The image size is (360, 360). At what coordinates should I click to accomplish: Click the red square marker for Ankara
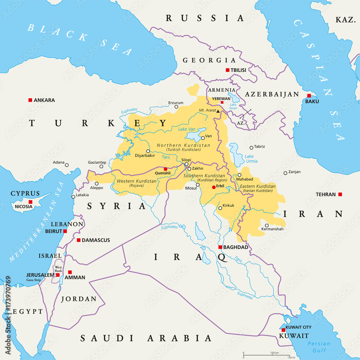pyautogui.click(x=30, y=100)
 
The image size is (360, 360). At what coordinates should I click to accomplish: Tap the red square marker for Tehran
pyautogui.click(x=340, y=194)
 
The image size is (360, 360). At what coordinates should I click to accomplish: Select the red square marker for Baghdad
pyautogui.click(x=220, y=247)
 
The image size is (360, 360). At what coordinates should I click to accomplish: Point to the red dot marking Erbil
pyautogui.click(x=213, y=187)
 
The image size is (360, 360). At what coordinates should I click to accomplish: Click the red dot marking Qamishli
pyautogui.click(x=165, y=169)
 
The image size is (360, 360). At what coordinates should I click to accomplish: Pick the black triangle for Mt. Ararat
pyautogui.click(x=218, y=112)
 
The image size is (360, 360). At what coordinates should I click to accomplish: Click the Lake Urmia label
pyautogui.click(x=251, y=159)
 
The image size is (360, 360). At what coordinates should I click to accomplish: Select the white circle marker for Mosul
pyautogui.click(x=198, y=185)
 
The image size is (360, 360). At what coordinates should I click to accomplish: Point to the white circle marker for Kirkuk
pyautogui.click(x=220, y=208)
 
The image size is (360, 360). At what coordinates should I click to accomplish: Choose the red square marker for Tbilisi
pyautogui.click(x=228, y=70)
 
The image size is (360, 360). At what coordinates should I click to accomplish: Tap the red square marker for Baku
pyautogui.click(x=309, y=96)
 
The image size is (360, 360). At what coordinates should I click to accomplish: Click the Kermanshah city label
pyautogui.click(x=272, y=229)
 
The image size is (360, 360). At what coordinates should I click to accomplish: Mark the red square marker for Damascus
pyautogui.click(x=78, y=240)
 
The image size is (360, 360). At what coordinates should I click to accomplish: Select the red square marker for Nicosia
pyautogui.click(x=31, y=202)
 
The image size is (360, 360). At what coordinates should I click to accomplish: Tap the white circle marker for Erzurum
pyautogui.click(x=176, y=107)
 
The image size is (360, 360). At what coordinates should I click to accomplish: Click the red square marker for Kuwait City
pyautogui.click(x=283, y=330)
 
